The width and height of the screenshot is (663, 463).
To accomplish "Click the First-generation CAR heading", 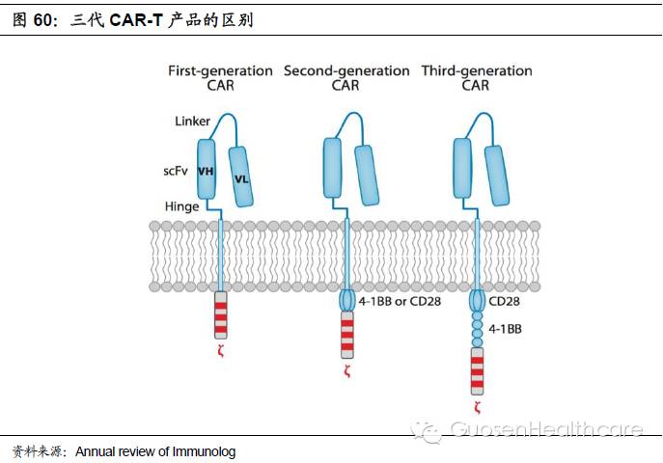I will pyautogui.click(x=220, y=78).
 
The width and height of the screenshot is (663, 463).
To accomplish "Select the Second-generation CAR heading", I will pyautogui.click(x=345, y=78).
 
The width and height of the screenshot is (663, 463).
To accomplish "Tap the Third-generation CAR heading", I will pyautogui.click(x=476, y=78).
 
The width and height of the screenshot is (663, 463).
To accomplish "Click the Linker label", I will pyautogui.click(x=192, y=121).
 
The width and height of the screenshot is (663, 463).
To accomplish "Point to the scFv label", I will pyautogui.click(x=176, y=172).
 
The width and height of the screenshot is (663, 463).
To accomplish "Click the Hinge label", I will pyautogui.click(x=181, y=206).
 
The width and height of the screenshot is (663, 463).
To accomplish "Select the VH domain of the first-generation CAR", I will pyautogui.click(x=206, y=171).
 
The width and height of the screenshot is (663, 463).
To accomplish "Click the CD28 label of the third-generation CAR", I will pyautogui.click(x=505, y=301).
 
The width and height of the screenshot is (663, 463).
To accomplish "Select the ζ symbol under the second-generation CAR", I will pyautogui.click(x=345, y=371).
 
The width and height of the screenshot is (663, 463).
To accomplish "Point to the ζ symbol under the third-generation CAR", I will pyautogui.click(x=476, y=408).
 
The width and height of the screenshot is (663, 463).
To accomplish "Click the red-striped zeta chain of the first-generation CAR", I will pyautogui.click(x=220, y=314).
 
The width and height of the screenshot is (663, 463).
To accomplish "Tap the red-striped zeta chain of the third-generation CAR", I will pyautogui.click(x=476, y=370).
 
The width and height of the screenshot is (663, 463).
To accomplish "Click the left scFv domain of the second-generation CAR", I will pyautogui.click(x=333, y=171).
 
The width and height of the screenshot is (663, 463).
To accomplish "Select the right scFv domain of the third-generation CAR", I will pyautogui.click(x=496, y=176).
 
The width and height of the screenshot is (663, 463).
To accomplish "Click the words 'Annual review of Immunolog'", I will pyautogui.click(x=155, y=451).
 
